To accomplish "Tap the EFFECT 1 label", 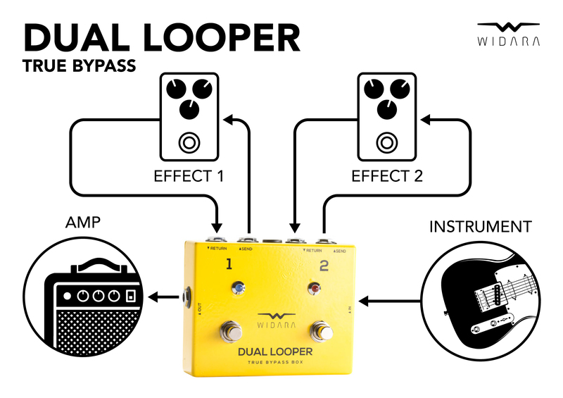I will point(188,175).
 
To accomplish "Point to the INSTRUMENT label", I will point(480,227).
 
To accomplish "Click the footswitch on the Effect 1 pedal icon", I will point(188,143).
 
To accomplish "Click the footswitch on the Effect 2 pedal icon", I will point(386,143).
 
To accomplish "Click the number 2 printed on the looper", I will point(324,265).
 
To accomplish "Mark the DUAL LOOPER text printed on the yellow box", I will point(275,350).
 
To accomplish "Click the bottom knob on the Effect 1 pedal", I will point(188,109).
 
